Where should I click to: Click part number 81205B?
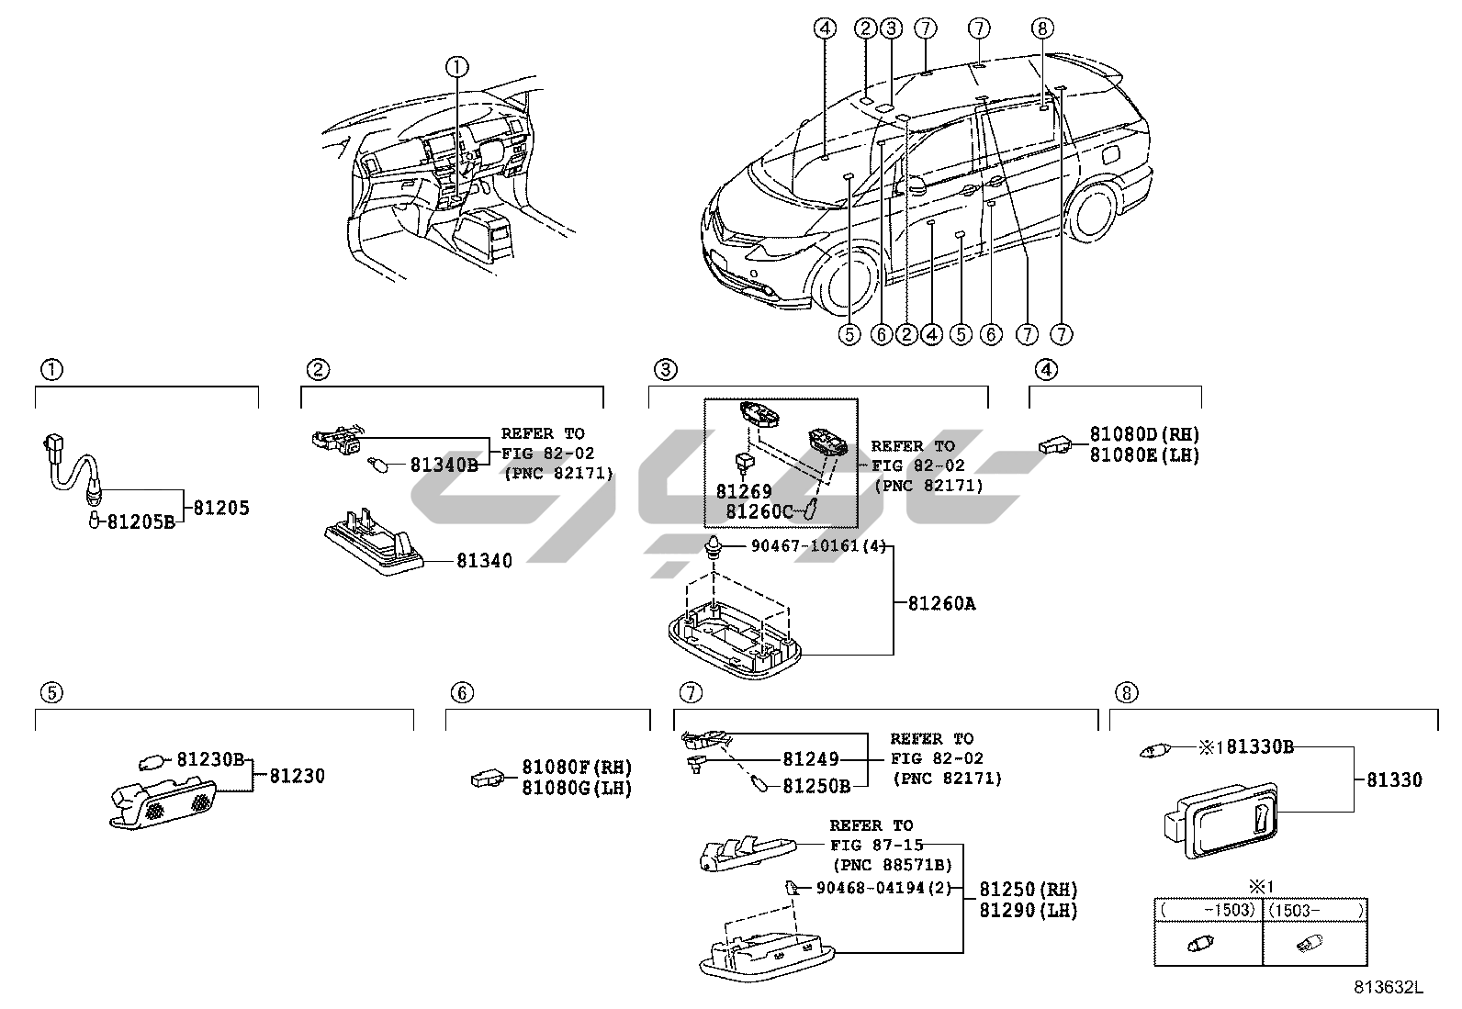coord(141,521)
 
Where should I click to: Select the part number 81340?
coord(484,560)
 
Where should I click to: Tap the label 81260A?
coord(941,603)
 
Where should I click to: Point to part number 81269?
coord(744,492)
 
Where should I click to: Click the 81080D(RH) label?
coord(1144,434)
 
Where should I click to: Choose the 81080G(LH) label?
coord(577,788)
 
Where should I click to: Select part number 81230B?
coord(210,759)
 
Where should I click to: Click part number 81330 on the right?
coord(1394,779)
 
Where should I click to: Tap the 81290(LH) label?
coord(1028,910)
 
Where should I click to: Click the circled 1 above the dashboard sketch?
coord(457,65)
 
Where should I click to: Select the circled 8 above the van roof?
coord(1040,28)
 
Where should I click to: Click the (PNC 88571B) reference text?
coord(892,865)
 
